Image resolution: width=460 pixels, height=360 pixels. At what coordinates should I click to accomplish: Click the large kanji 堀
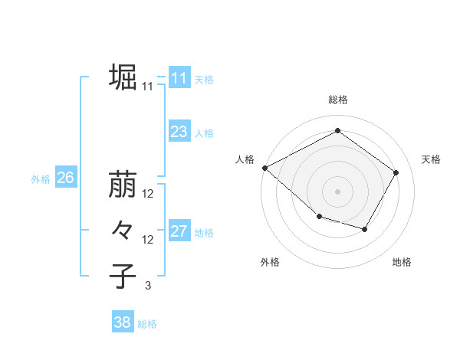pos(123,77)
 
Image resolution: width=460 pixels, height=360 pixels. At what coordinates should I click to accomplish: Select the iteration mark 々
pos(123,230)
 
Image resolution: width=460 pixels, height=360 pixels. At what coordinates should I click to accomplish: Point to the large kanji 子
pos(123,276)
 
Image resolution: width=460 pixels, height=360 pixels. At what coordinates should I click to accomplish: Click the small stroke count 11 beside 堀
pos(148,87)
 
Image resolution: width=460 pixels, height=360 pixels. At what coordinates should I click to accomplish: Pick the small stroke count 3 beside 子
pos(148,286)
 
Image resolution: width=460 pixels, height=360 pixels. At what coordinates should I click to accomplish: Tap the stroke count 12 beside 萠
pos(148,194)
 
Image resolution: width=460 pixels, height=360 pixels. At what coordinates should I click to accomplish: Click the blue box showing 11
pos(179,78)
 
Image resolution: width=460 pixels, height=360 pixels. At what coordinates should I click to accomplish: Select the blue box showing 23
pos(179,132)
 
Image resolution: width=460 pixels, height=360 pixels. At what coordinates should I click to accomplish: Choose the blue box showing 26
pos(65,178)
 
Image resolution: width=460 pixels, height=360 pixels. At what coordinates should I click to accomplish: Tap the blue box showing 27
pos(179,231)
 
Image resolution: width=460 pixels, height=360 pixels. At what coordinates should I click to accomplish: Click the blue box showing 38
pos(122,322)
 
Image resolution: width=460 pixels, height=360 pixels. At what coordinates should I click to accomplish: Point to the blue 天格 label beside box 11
pos(204,79)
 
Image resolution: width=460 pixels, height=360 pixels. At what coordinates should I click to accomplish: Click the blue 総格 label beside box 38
pos(147,323)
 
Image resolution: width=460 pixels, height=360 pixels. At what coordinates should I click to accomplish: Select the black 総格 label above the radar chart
pos(338,100)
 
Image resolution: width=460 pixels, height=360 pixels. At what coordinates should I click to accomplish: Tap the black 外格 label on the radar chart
pos(270,262)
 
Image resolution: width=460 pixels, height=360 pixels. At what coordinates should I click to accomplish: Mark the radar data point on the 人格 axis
pos(264,167)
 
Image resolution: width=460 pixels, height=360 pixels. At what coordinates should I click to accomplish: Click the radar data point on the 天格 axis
pos(396,172)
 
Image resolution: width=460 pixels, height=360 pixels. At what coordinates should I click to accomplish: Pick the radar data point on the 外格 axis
pos(319,218)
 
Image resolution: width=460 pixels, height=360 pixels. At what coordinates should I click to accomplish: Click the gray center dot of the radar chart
pos(338,191)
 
